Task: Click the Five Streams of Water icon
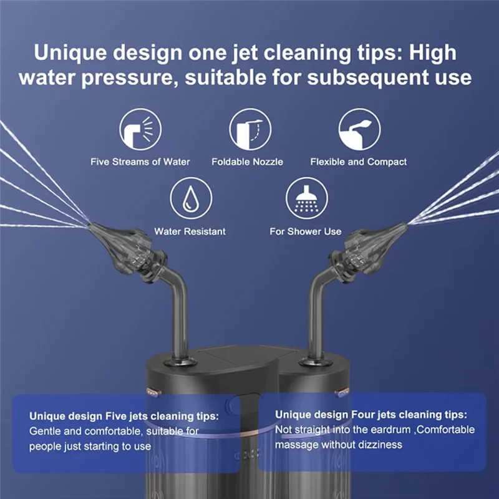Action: [x=140, y=129]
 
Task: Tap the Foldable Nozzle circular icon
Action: [x=250, y=129]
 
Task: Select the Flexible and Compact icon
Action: [x=359, y=129]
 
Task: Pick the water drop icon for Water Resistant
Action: [x=190, y=198]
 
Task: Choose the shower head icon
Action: [x=306, y=198]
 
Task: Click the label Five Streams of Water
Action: [x=140, y=162]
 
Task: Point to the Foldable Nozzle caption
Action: [x=248, y=162]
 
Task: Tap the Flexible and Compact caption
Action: [x=359, y=162]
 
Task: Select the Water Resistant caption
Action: [x=190, y=231]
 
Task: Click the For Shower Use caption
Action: [x=306, y=231]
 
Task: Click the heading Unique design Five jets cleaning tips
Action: [x=124, y=416]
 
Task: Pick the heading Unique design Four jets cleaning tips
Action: [x=372, y=414]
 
